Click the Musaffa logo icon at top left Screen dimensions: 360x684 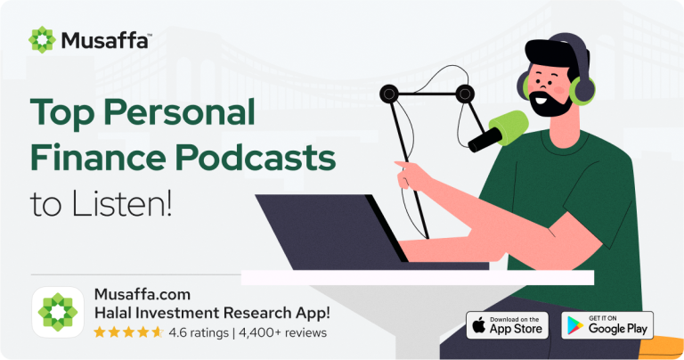tap(42, 39)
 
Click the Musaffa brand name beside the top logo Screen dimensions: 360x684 tap(105, 39)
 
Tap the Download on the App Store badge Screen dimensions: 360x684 tap(507, 324)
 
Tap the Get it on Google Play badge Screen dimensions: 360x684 tap(607, 324)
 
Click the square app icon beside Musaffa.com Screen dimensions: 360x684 tap(58, 313)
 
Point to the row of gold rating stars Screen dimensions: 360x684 tap(128, 332)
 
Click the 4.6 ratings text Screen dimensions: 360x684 tap(195, 332)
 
